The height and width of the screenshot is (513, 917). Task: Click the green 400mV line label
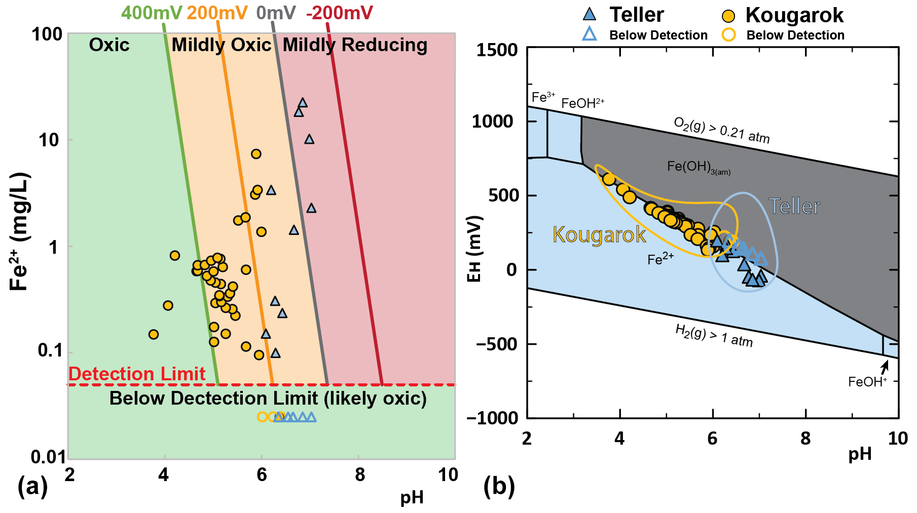(x=152, y=13)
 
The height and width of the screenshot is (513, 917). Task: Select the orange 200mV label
(x=217, y=13)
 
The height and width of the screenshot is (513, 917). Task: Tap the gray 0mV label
(x=276, y=13)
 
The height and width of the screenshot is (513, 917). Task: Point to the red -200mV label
(x=339, y=13)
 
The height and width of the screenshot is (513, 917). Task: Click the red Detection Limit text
(x=137, y=374)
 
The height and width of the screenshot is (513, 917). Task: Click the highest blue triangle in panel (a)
(x=303, y=103)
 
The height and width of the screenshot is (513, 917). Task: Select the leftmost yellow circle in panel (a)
(x=154, y=334)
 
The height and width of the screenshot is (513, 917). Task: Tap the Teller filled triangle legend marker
(x=590, y=14)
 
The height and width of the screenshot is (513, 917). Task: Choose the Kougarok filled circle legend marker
(x=728, y=16)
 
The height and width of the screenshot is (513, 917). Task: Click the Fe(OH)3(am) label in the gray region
(x=699, y=167)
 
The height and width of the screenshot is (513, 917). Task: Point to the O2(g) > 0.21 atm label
(x=721, y=130)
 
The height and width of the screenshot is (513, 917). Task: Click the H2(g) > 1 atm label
(x=714, y=336)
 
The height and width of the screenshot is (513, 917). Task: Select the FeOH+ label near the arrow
(x=867, y=382)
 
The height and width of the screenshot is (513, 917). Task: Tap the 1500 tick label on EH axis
(x=497, y=50)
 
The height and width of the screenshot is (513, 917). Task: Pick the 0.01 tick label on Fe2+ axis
(x=48, y=457)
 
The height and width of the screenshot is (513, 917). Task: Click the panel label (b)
(x=499, y=487)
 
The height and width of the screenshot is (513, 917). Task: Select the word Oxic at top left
(x=109, y=45)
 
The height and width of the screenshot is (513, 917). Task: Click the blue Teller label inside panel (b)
(x=794, y=206)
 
